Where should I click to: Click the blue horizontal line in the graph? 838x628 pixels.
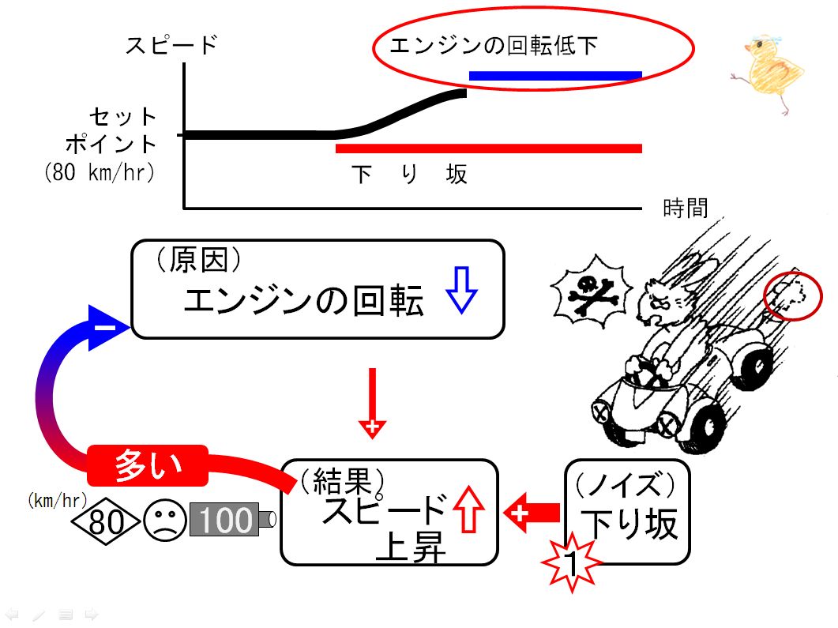point(555,76)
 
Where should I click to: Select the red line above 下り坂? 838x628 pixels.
point(488,149)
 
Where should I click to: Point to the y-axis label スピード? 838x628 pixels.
point(171,45)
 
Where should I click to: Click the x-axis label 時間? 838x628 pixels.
point(685,208)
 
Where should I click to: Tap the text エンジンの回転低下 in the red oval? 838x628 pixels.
point(494,46)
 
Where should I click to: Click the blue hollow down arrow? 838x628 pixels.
point(461,289)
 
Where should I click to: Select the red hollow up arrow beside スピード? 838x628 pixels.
point(468,509)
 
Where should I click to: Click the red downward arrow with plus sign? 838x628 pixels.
point(372,404)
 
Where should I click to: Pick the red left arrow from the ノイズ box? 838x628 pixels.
point(532,513)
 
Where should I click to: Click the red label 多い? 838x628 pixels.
point(148,465)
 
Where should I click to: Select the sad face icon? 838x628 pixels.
point(165,520)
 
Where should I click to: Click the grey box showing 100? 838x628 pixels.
point(225,520)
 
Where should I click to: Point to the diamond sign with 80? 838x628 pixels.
point(107,521)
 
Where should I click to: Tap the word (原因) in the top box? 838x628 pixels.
point(199,260)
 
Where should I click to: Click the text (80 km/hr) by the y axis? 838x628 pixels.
point(100,172)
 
